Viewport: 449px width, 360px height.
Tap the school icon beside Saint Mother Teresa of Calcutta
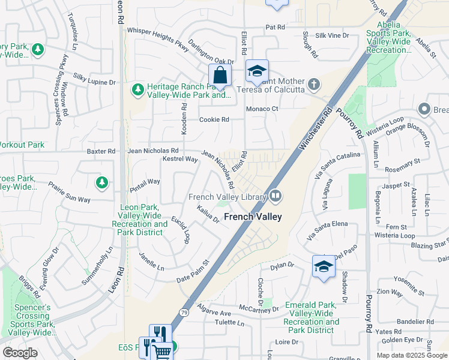(256, 73)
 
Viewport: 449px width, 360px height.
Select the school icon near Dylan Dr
(324, 267)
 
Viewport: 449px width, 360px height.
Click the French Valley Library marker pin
(276, 195)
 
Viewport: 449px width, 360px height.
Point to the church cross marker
(314, 85)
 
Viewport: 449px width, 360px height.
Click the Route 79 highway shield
(183, 312)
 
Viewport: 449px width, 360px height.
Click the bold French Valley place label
(253, 217)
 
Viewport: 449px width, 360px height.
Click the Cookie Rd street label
(215, 119)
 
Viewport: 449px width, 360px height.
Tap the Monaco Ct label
(263, 109)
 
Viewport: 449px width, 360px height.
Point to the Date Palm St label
(192, 272)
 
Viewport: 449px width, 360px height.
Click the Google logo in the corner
(20, 353)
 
